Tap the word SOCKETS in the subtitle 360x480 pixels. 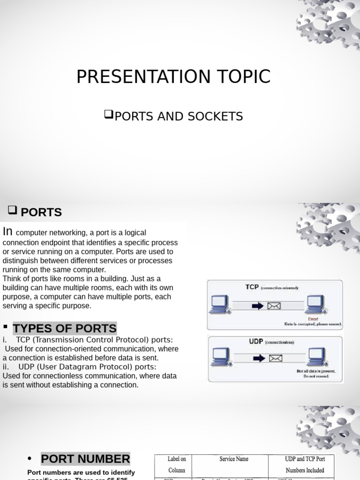(x=218, y=116)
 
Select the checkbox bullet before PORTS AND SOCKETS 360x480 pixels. (x=109, y=114)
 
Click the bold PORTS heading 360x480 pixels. (x=41, y=212)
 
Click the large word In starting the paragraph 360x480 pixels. (x=7, y=232)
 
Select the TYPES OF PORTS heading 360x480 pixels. (x=65, y=328)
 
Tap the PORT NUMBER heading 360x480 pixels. (x=85, y=459)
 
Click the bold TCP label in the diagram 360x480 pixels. (x=252, y=287)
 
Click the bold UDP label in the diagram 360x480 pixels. (x=256, y=342)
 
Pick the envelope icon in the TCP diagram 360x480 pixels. (x=274, y=306)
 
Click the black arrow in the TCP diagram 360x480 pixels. (x=258, y=306)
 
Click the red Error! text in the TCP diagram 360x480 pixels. (x=313, y=319)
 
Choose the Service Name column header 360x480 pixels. (x=234, y=459)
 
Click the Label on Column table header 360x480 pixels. (x=177, y=465)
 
